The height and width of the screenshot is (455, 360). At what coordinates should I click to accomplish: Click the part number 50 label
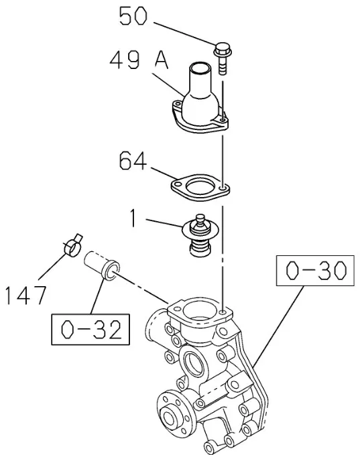pyautogui.click(x=133, y=16)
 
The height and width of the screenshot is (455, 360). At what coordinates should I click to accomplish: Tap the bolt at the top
pyautogui.click(x=223, y=58)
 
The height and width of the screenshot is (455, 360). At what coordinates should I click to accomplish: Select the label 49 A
pyautogui.click(x=139, y=60)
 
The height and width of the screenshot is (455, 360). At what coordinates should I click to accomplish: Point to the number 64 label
pyautogui.click(x=133, y=161)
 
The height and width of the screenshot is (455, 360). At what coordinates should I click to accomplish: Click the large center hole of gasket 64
pyautogui.click(x=200, y=186)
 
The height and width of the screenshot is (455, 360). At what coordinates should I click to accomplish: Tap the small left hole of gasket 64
pyautogui.click(x=177, y=184)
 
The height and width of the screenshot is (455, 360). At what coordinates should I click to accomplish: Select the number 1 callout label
pyautogui.click(x=133, y=218)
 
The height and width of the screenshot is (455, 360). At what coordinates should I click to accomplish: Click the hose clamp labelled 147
pyautogui.click(x=72, y=246)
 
